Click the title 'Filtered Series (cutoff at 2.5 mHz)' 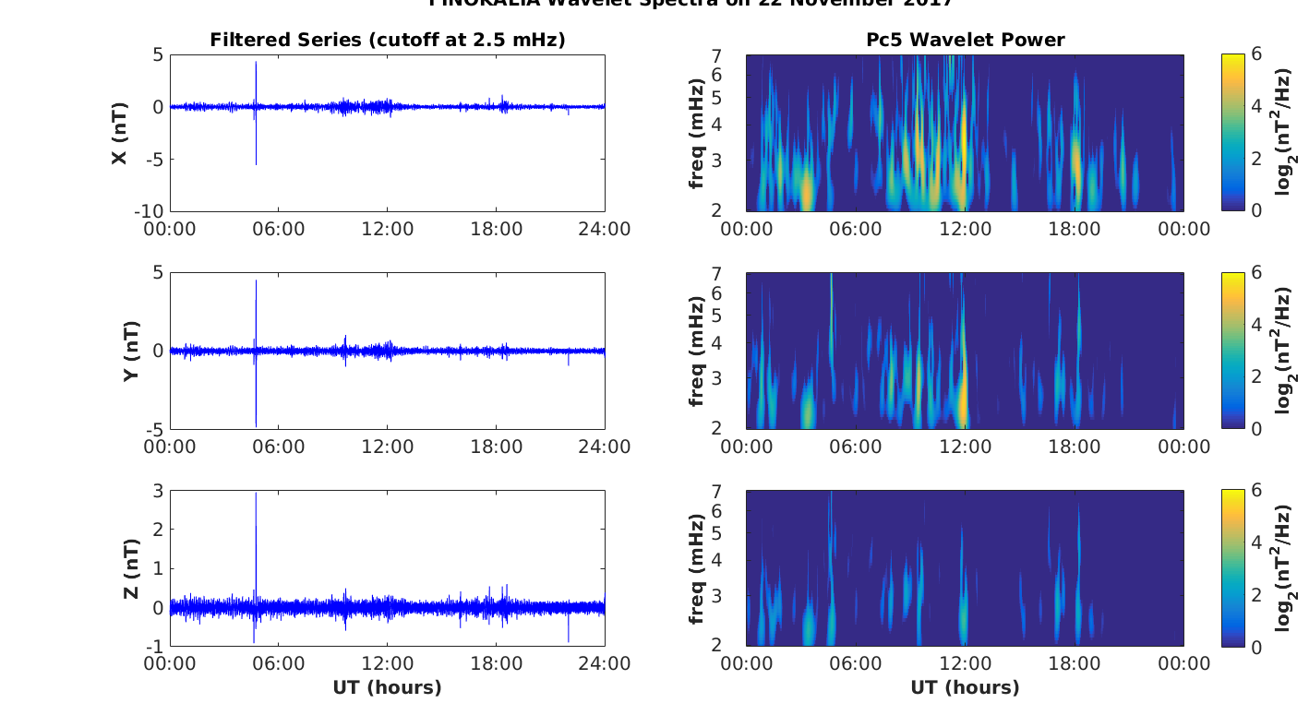click(387, 40)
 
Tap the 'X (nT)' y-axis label click(119, 133)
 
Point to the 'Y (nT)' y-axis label click(130, 351)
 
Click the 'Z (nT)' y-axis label click(130, 568)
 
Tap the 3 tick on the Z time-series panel click(158, 491)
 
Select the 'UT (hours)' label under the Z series click(387, 687)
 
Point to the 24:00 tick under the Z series click(605, 663)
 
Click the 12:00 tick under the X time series click(387, 228)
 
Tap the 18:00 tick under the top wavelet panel click(1075, 228)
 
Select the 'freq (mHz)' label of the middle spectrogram click(698, 351)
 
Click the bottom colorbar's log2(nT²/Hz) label click(1284, 568)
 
